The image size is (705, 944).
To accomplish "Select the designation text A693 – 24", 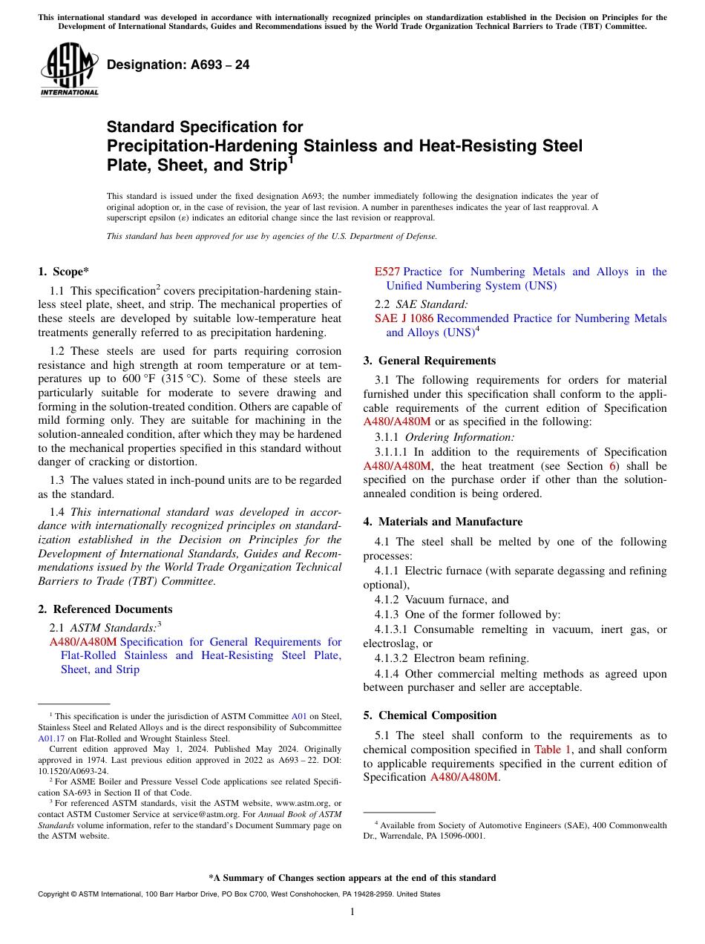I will [178, 65].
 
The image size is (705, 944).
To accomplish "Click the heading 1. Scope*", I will [64, 272].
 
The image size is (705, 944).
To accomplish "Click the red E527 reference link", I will [387, 272].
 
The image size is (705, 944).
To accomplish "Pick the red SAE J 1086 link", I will [404, 318].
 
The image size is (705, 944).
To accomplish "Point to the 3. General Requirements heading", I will [429, 361].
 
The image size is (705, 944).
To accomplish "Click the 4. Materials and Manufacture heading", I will [442, 522].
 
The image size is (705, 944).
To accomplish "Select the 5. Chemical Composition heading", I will [430, 715].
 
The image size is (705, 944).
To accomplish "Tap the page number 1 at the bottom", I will [352, 912].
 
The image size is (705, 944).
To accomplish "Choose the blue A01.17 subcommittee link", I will [51, 738].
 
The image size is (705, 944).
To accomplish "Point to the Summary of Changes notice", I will [352, 878].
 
